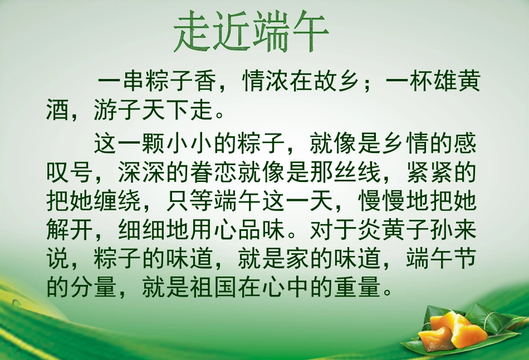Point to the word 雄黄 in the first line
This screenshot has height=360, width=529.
456,83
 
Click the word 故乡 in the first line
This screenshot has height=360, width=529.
336,83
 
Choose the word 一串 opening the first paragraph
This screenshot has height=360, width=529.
120,83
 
